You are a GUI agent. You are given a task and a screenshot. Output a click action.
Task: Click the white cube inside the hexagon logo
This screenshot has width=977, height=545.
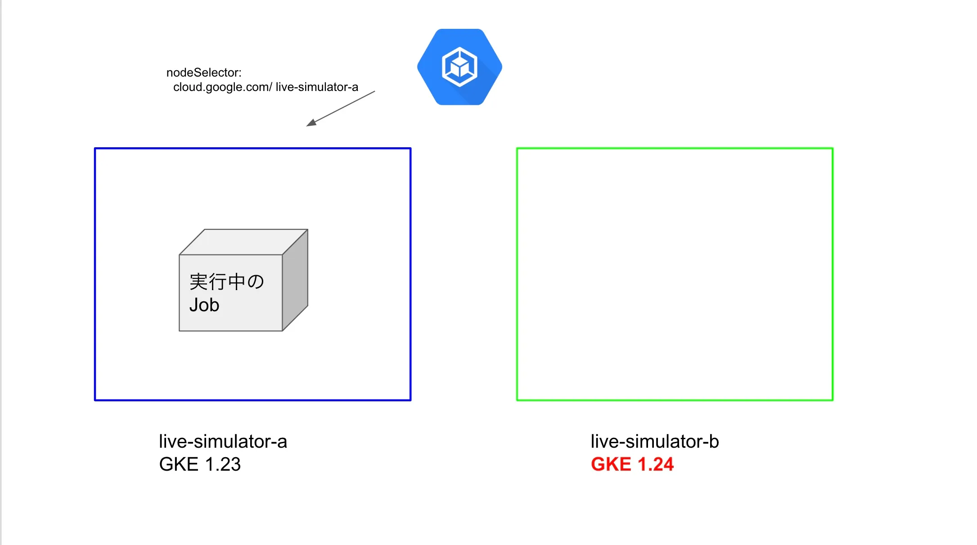pyautogui.click(x=459, y=67)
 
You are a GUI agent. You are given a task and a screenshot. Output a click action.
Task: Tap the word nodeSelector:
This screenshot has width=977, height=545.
pyautogui.click(x=204, y=73)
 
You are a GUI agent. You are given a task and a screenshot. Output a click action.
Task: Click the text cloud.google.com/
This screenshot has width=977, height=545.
pyautogui.click(x=222, y=87)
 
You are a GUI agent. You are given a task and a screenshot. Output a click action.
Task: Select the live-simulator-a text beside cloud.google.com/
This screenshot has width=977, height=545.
pyautogui.click(x=317, y=87)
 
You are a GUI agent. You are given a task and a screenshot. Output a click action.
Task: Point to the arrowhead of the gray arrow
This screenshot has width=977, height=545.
pyautogui.click(x=311, y=123)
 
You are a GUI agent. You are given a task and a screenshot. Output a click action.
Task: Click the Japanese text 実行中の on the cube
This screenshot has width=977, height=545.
pyautogui.click(x=226, y=282)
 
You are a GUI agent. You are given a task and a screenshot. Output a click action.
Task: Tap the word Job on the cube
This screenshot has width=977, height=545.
pyautogui.click(x=204, y=305)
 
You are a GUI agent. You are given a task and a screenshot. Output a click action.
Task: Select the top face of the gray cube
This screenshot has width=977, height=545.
pyautogui.click(x=243, y=242)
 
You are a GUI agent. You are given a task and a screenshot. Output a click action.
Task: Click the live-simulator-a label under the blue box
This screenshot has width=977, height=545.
pyautogui.click(x=223, y=441)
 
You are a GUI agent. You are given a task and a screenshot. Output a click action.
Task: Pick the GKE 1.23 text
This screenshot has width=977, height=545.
pyautogui.click(x=200, y=464)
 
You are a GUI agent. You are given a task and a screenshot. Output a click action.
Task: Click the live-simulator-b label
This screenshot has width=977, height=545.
pyautogui.click(x=655, y=441)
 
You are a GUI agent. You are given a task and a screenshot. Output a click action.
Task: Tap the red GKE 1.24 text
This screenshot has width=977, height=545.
pyautogui.click(x=632, y=464)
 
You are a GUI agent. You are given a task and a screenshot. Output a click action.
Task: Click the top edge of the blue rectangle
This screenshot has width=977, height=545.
pyautogui.click(x=252, y=148)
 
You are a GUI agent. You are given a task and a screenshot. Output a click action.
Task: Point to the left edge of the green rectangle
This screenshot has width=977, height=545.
pyautogui.click(x=517, y=274)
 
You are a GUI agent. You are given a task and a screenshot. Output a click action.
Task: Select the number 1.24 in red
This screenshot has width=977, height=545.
pyautogui.click(x=656, y=464)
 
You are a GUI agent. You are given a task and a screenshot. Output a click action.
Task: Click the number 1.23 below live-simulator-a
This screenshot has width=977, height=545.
pyautogui.click(x=223, y=464)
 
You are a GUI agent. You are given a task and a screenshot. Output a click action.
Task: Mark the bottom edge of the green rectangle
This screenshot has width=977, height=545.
pyautogui.click(x=675, y=400)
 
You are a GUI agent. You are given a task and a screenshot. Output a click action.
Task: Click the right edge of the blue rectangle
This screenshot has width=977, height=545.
pyautogui.click(x=410, y=274)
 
